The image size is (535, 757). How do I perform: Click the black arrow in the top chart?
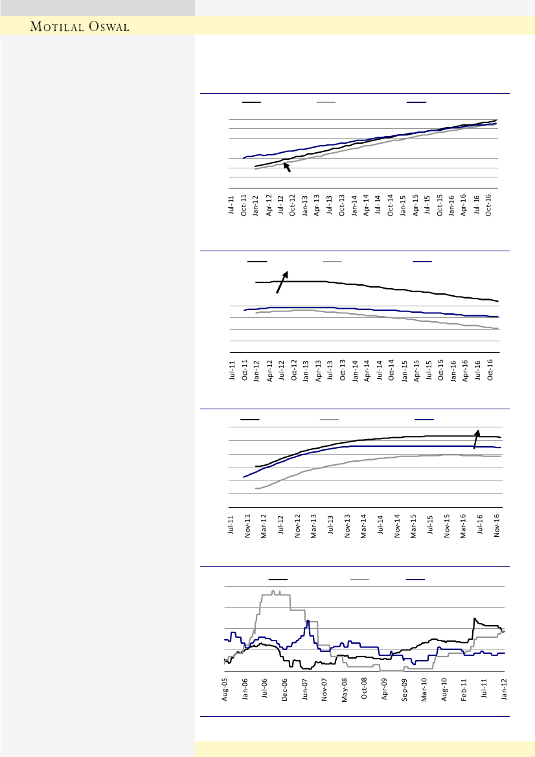click(288, 168)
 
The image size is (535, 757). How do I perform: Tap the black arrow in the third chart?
click(476, 438)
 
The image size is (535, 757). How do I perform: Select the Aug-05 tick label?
click(225, 689)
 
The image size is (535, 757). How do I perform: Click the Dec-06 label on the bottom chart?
click(284, 689)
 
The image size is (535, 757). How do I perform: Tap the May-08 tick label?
click(345, 689)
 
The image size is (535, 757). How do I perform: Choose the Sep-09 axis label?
click(404, 689)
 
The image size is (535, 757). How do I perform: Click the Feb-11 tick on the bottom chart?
click(464, 689)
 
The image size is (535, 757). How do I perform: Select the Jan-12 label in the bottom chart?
click(505, 689)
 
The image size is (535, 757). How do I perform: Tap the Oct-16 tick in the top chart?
click(490, 205)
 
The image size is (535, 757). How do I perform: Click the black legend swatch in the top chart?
click(251, 102)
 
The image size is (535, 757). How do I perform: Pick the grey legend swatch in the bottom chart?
click(359, 580)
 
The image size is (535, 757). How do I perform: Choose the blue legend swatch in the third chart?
click(424, 420)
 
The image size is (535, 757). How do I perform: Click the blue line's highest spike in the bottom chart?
click(308, 621)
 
